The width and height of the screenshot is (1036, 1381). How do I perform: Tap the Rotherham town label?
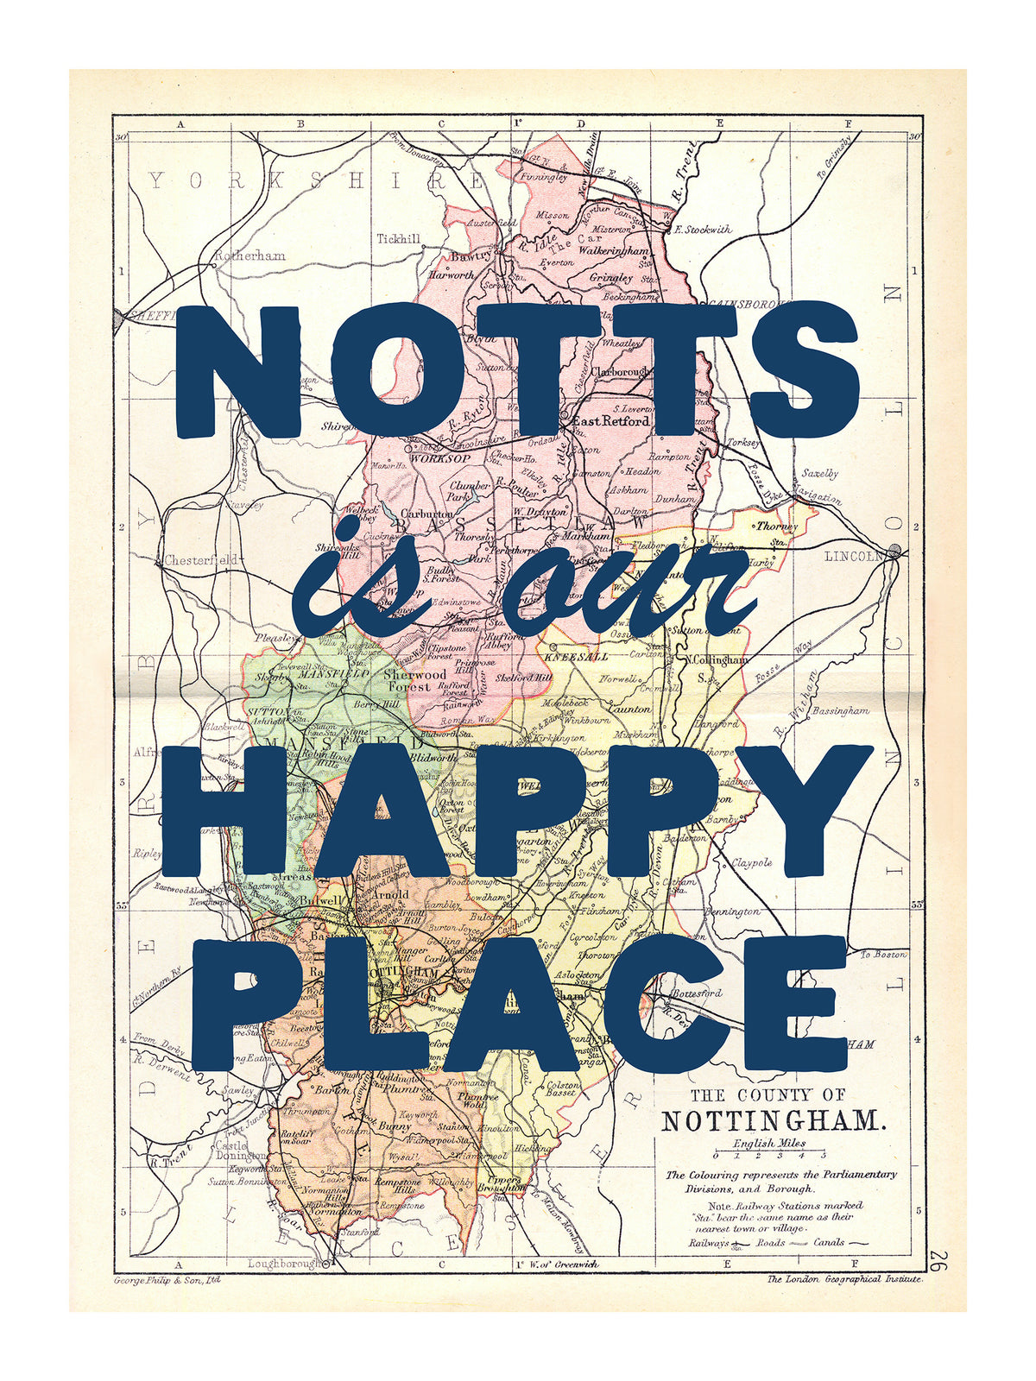click(x=250, y=255)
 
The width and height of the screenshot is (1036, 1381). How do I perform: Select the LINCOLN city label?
click(x=855, y=555)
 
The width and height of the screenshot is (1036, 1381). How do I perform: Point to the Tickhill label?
click(x=398, y=238)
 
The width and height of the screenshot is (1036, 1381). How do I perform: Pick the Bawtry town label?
click(x=471, y=255)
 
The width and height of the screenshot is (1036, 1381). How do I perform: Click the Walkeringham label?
click(x=613, y=250)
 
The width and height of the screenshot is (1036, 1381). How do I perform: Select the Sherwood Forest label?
click(x=414, y=680)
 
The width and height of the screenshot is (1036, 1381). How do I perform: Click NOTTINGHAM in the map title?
click(x=774, y=1121)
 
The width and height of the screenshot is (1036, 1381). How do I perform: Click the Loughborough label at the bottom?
click(x=285, y=1264)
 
